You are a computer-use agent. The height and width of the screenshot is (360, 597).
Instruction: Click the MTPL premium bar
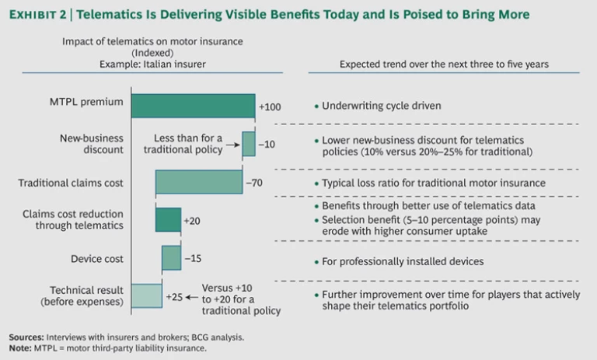(x=193, y=105)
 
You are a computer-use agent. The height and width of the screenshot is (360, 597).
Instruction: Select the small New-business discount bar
(x=248, y=144)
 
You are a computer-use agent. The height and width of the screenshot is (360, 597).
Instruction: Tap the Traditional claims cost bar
(x=199, y=182)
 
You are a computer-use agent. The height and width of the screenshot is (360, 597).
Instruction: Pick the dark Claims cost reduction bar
(x=168, y=220)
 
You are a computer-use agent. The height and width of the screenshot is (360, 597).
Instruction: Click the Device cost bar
(x=171, y=257)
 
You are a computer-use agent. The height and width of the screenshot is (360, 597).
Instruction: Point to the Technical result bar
(x=146, y=295)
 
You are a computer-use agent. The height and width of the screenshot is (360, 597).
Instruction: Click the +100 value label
(x=270, y=106)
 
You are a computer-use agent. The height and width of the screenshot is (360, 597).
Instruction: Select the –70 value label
(x=256, y=183)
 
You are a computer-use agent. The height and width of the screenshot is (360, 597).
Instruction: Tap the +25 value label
(x=174, y=296)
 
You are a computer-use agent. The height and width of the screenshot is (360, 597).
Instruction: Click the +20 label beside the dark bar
(x=192, y=221)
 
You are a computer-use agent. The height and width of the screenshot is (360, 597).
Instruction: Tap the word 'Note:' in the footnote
(x=20, y=347)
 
